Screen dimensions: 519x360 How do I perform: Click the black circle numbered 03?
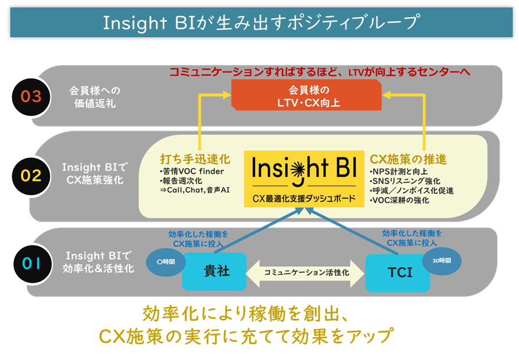[x=31, y=97]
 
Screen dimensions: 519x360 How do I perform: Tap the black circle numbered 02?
[x=31, y=176]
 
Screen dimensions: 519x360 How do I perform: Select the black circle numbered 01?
[x=33, y=263]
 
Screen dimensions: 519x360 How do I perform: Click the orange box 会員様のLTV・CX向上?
[x=306, y=95]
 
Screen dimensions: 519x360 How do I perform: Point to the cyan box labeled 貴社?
[x=214, y=271]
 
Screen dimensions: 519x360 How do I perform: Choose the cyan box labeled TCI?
[x=398, y=273]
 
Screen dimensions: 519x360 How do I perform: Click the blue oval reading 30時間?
[x=442, y=261]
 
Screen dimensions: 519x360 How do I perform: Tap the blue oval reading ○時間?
[x=166, y=262]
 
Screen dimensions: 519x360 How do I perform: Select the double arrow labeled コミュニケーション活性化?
[x=305, y=273]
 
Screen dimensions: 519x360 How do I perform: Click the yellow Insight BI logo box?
[x=304, y=179]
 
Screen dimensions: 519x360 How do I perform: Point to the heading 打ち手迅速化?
[x=195, y=159]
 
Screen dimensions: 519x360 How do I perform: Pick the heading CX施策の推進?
[x=408, y=159]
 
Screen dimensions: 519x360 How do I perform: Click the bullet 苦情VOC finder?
[x=192, y=171]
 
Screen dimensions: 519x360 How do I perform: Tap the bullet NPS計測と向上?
[x=399, y=172]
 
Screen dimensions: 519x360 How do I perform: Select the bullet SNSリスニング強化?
[x=405, y=181]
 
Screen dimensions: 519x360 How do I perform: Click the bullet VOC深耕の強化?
[x=399, y=200]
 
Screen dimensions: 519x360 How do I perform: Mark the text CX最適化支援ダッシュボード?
[x=304, y=199]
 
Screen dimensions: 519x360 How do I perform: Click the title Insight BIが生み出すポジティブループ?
[x=261, y=22]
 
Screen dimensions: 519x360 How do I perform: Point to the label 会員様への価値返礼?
[x=95, y=97]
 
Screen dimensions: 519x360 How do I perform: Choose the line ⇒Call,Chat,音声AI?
[x=195, y=190]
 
